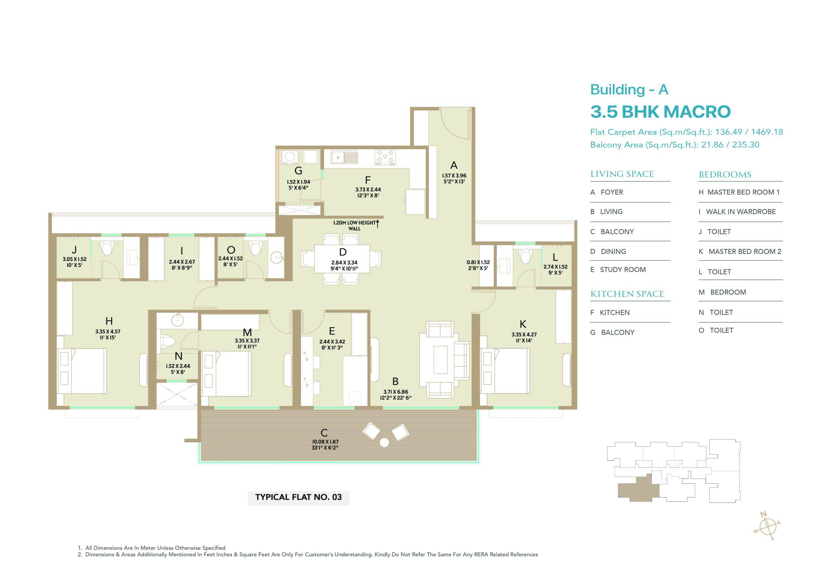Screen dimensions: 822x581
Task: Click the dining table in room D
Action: coord(342,259)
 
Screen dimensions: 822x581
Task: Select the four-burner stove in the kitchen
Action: coord(385,158)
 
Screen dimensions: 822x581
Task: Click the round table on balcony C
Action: coord(384,442)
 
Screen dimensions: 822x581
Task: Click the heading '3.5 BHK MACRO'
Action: coord(660,112)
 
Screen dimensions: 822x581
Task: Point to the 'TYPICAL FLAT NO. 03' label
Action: coord(299,497)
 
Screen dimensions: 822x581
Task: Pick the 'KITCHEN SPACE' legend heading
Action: coord(627,294)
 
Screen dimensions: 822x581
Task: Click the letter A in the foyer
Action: coord(454,165)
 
